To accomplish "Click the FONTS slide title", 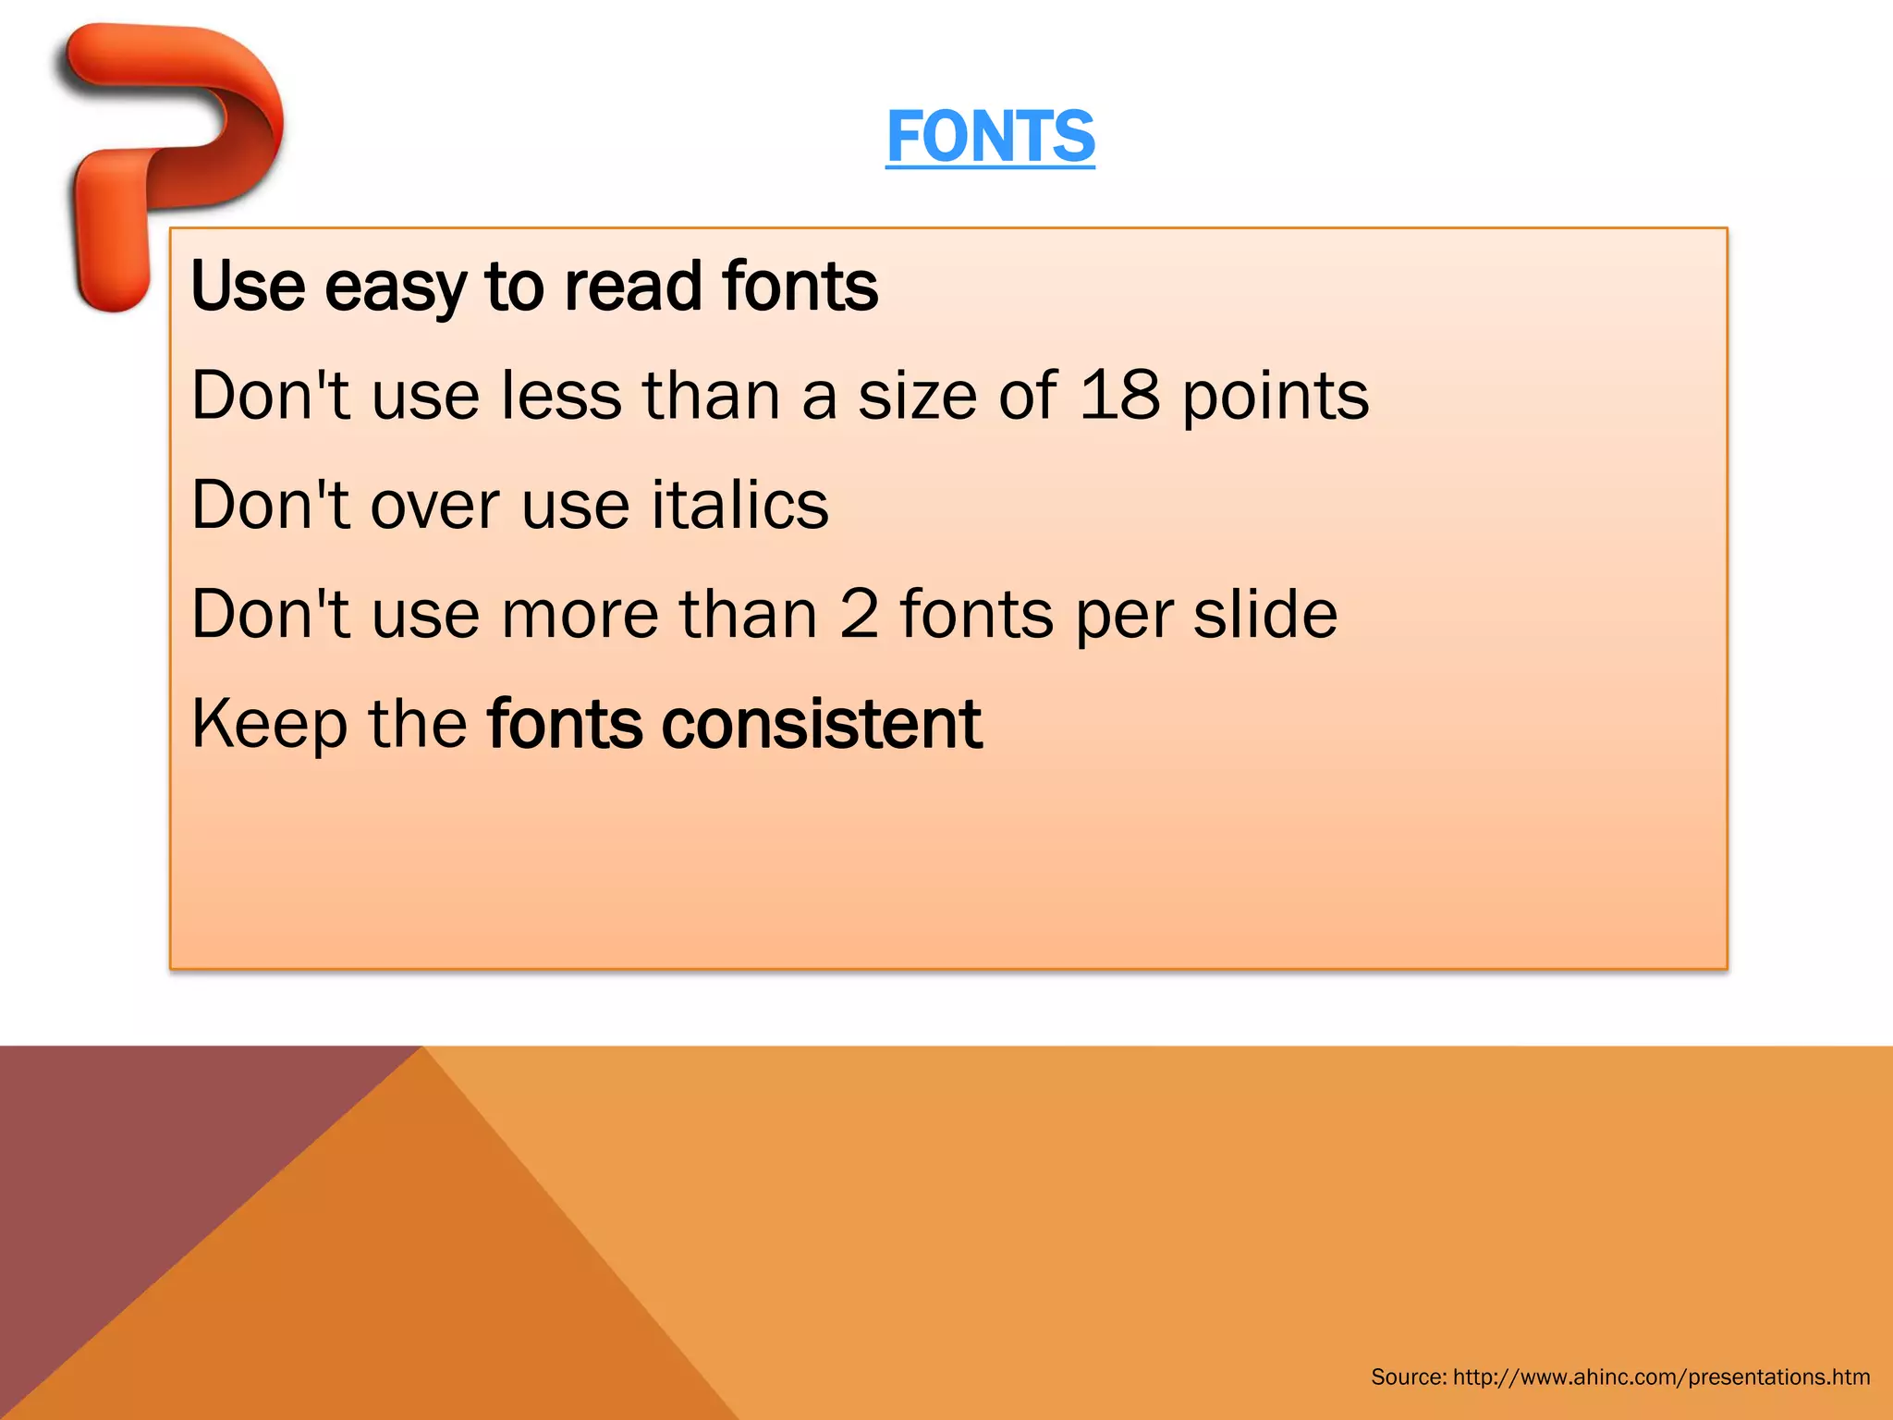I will pyautogui.click(x=990, y=137).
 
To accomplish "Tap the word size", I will pyautogui.click(x=917, y=396).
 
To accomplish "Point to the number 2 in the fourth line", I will pyautogui.click(x=859, y=614).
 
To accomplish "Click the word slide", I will pyautogui.click(x=1264, y=614).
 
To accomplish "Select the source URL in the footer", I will pyautogui.click(x=1661, y=1377).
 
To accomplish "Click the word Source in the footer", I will pyautogui.click(x=1408, y=1377).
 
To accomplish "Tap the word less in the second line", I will pyautogui.click(x=561, y=396).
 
